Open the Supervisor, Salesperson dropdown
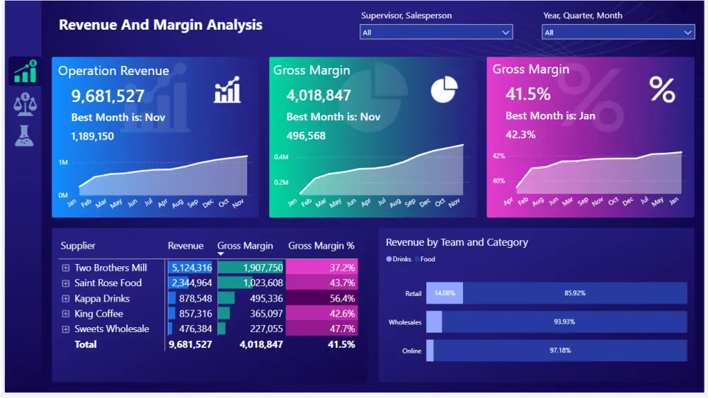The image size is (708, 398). [436, 33]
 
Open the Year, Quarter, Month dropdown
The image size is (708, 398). [618, 33]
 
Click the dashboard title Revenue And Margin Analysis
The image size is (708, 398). [161, 25]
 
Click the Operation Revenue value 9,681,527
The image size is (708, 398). [108, 96]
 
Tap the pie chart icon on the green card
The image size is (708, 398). [444, 90]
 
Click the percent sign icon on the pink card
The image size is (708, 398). [662, 90]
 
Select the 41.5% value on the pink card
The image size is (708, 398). [527, 93]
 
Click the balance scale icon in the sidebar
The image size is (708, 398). [24, 103]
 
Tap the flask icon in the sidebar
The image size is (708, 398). [24, 135]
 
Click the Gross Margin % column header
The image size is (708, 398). [321, 246]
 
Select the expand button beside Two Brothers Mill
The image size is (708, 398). [66, 268]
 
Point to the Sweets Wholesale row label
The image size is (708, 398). [112, 329]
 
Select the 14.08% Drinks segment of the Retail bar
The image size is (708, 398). [444, 293]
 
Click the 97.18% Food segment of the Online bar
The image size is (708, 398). [559, 351]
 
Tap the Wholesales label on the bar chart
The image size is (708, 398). [405, 322]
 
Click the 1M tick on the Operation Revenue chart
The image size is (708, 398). [63, 163]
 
